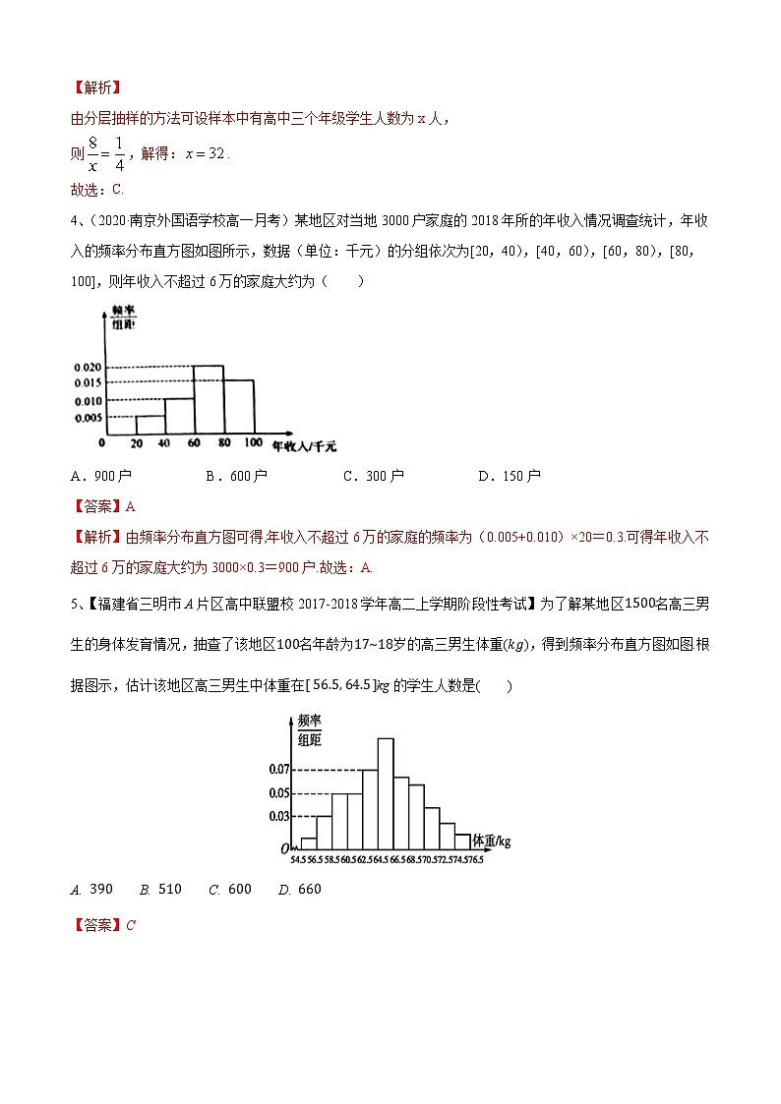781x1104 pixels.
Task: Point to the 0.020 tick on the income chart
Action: point(88,367)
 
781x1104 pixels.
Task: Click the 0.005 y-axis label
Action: point(88,417)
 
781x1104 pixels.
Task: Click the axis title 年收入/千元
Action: point(304,445)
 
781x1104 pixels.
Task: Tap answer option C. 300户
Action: point(373,476)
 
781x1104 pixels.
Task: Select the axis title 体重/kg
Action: point(492,841)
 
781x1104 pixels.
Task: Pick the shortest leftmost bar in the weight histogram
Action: point(309,843)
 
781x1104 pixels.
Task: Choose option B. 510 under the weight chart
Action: point(161,890)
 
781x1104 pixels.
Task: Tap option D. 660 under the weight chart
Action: point(300,890)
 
